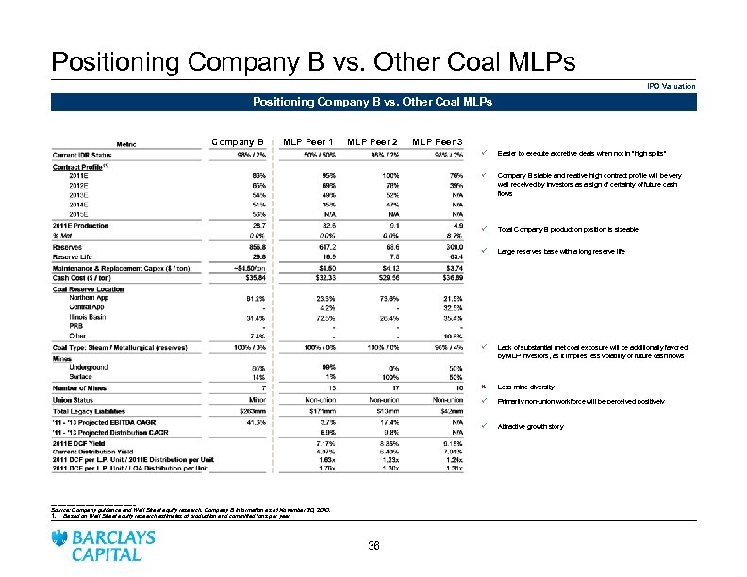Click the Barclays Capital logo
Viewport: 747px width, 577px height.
point(105,545)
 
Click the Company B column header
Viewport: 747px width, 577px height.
point(241,142)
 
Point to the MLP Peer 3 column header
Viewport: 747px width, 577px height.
point(437,142)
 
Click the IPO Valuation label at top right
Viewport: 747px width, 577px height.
point(671,86)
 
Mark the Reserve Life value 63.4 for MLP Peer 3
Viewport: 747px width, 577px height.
point(452,254)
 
